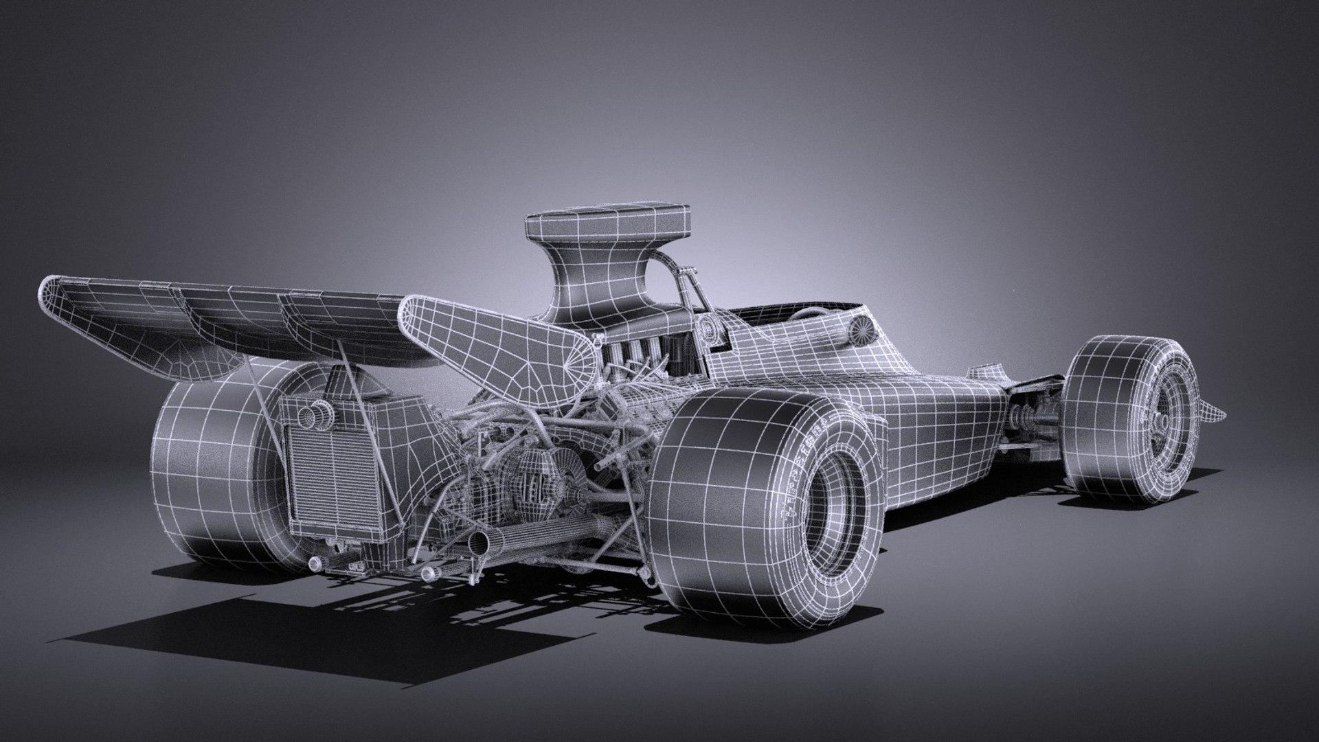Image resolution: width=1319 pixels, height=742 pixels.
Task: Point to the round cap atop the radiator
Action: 317,416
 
